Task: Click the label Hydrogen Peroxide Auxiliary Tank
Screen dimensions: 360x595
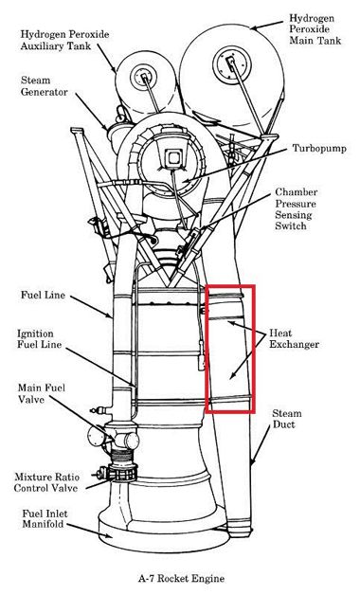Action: click(64, 40)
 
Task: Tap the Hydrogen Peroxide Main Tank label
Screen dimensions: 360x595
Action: click(315, 29)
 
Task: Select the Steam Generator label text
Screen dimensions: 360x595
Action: click(44, 86)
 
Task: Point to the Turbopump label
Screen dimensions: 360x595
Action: click(319, 148)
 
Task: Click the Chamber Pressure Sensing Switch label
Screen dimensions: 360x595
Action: click(297, 208)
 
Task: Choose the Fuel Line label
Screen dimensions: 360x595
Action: click(43, 295)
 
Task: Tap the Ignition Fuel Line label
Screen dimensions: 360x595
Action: click(39, 339)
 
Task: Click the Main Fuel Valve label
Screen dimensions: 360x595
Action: click(42, 393)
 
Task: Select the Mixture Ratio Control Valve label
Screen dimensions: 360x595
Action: click(46, 482)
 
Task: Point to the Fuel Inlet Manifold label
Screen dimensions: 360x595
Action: click(45, 519)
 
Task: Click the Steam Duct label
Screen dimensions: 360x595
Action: click(287, 419)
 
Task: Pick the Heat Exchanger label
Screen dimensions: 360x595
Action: click(294, 339)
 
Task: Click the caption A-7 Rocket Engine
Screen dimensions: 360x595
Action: click(181, 579)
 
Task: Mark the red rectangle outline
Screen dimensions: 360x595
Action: click(206, 349)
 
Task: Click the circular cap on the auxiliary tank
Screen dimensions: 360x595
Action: click(143, 78)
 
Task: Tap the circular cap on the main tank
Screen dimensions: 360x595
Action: click(231, 63)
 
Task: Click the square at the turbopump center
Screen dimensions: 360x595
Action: click(174, 158)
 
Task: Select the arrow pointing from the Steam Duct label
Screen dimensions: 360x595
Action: click(261, 446)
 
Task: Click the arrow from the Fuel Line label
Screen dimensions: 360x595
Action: click(91, 307)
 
